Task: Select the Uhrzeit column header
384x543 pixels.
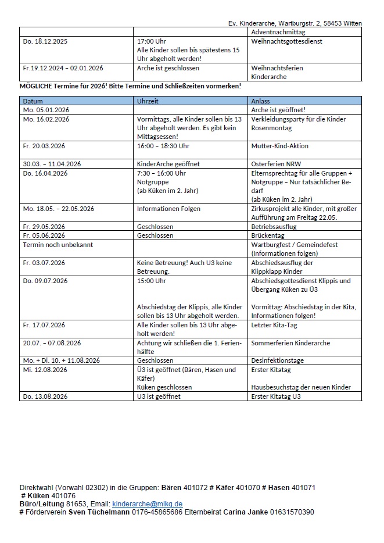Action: (x=147, y=101)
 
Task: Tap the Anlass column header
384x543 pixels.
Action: (x=260, y=101)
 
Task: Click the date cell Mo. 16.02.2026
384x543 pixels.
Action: (x=46, y=119)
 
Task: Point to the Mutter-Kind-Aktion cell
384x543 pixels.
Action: (x=279, y=146)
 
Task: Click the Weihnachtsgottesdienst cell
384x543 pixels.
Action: (x=286, y=42)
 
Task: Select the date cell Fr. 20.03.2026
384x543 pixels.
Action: (x=44, y=146)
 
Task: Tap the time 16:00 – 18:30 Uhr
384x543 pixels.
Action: (x=163, y=146)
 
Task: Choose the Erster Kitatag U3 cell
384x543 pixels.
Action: (x=275, y=396)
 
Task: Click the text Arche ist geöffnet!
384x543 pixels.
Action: (x=278, y=110)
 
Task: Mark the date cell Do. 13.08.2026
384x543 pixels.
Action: (x=45, y=396)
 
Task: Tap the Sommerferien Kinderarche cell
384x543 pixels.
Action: (x=290, y=343)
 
